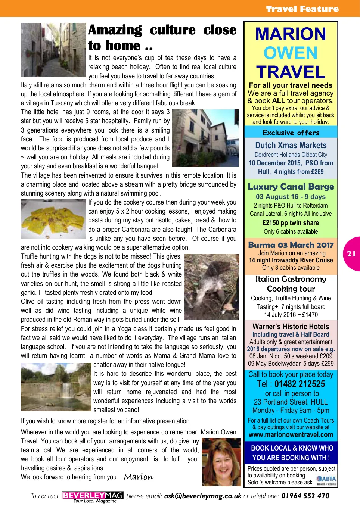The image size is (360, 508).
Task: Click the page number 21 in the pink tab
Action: [351, 254]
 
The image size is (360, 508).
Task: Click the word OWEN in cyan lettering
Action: [291, 53]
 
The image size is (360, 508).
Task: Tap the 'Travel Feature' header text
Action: [302, 9]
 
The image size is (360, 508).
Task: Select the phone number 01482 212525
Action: [300, 384]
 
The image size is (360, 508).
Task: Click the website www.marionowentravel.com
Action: [291, 434]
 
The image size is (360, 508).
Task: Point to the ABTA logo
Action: [326, 479]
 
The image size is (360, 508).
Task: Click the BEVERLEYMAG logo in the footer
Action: [93, 496]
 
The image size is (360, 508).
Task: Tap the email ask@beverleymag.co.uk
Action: [203, 496]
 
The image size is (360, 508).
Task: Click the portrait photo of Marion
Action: [221, 462]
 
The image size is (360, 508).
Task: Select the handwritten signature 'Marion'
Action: [139, 477]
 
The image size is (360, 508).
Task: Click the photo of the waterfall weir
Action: [56, 387]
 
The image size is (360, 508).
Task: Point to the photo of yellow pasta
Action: [53, 219]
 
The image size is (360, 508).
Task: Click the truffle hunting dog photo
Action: [212, 286]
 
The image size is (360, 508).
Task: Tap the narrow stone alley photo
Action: [53, 50]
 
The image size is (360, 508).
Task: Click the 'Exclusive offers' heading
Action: [291, 133]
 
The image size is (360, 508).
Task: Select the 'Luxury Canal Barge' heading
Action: [291, 186]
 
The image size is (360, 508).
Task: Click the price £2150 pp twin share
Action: [291, 223]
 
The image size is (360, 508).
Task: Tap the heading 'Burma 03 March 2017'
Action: [291, 245]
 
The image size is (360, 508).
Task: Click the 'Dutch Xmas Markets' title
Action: [291, 145]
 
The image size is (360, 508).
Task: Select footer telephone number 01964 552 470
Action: [305, 496]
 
